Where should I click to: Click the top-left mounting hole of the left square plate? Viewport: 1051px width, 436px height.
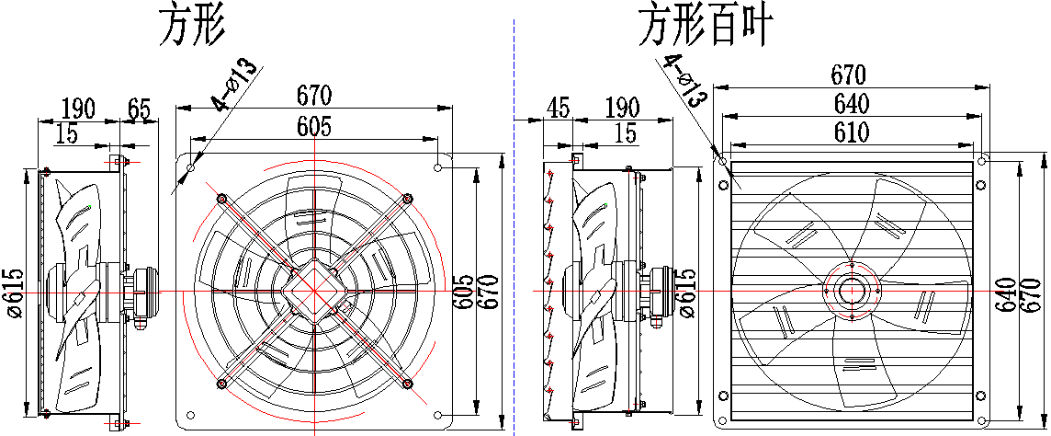coord(191,166)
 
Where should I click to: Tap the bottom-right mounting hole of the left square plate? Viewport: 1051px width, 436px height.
coord(437,415)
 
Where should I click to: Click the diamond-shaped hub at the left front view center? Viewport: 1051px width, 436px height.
coord(314,291)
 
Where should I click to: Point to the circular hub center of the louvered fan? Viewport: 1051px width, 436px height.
coord(851,291)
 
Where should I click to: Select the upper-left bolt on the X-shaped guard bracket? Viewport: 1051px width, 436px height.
coord(221,199)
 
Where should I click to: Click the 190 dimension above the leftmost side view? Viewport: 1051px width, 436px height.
coord(78,109)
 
